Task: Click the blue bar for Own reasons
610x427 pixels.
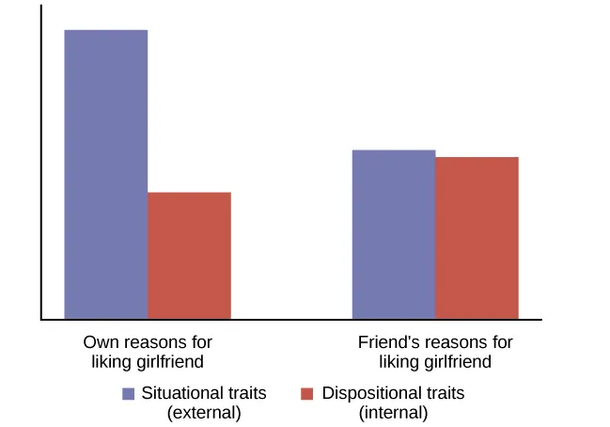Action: pos(105,174)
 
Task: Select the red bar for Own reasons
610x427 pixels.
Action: pos(189,255)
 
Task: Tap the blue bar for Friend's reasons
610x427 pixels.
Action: pos(393,234)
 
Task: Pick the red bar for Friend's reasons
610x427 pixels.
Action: pos(477,238)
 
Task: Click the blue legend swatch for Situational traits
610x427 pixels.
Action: pos(128,394)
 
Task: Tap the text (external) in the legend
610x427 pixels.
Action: pos(204,412)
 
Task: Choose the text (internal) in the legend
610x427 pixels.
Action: pos(393,412)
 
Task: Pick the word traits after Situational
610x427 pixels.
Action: pos(244,393)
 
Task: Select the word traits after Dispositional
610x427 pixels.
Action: pos(442,393)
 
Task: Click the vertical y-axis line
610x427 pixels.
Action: pos(41,160)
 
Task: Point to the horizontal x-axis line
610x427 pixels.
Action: pos(282,320)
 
